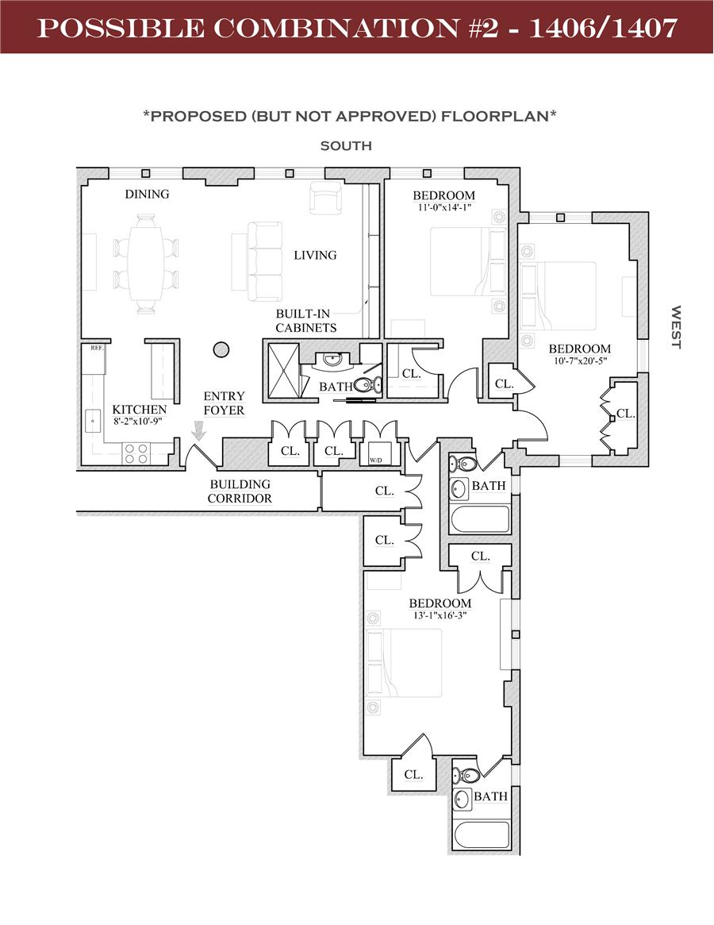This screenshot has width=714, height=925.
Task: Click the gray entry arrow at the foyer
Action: [198, 430]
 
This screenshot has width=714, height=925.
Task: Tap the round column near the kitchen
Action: [221, 348]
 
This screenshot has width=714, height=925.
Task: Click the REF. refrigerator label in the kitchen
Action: [95, 348]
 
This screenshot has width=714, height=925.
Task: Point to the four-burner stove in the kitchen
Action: [136, 453]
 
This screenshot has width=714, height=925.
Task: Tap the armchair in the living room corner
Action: [325, 198]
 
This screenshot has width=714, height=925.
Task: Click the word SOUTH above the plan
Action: [346, 146]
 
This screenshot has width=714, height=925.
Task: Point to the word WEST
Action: [677, 326]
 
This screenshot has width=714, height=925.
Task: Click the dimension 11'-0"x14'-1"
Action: [443, 208]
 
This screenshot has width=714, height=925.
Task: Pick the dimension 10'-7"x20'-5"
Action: [580, 361]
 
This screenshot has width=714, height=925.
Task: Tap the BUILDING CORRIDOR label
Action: [240, 491]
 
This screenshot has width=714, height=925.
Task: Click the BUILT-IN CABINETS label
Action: [305, 321]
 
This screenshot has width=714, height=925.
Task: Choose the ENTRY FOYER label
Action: [224, 403]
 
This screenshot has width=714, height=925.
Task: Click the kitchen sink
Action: [92, 420]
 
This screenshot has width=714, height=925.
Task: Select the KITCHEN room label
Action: [139, 410]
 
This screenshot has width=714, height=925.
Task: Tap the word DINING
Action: [147, 194]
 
